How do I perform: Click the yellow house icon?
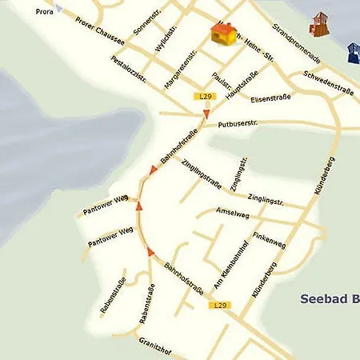(224, 34)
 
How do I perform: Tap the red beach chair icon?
(318, 23)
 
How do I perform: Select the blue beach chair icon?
(353, 53)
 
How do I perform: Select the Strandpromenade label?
(296, 43)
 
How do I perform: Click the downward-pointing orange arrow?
(206, 115)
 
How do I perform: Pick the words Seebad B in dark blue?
(329, 298)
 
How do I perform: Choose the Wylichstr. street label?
(166, 36)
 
